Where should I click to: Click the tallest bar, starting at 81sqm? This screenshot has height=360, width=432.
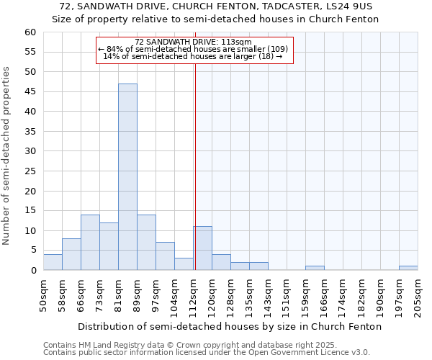coord(127,177)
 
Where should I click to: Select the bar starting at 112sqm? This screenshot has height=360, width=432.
coord(202,248)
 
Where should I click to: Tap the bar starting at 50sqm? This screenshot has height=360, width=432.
coord(53,262)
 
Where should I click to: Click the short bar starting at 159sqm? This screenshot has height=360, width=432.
coord(315,268)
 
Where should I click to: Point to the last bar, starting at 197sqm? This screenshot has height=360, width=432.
coord(408,268)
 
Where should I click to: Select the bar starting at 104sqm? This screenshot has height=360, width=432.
coord(184,264)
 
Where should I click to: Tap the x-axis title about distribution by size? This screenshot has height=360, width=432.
coord(230,326)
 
